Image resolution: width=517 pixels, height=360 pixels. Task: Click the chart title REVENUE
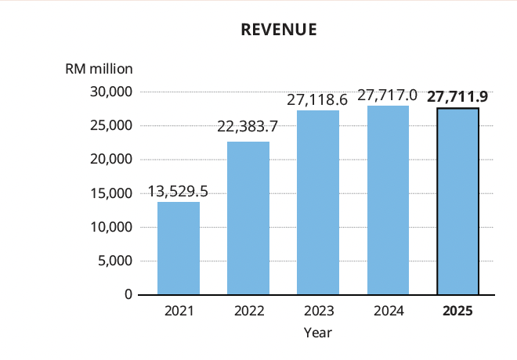[279, 30]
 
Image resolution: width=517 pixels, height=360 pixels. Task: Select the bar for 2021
[179, 248]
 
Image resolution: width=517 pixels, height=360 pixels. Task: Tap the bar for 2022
[248, 218]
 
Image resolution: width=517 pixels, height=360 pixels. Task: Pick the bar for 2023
[318, 203]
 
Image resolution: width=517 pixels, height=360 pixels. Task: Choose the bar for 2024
[388, 200]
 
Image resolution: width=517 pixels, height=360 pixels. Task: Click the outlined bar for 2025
[457, 201]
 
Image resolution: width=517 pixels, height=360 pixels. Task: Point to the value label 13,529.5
[179, 192]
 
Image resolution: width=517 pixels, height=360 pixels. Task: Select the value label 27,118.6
[318, 100]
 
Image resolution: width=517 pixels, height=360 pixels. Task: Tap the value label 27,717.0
[387, 95]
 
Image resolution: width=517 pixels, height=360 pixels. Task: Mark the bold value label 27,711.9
[457, 97]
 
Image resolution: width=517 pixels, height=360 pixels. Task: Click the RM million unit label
[99, 68]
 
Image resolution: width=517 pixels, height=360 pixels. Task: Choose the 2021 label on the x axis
[179, 311]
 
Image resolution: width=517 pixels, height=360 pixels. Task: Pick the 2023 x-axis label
[318, 311]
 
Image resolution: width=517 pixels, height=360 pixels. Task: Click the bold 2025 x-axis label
[457, 311]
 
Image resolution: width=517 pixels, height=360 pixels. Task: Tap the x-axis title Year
[318, 333]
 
